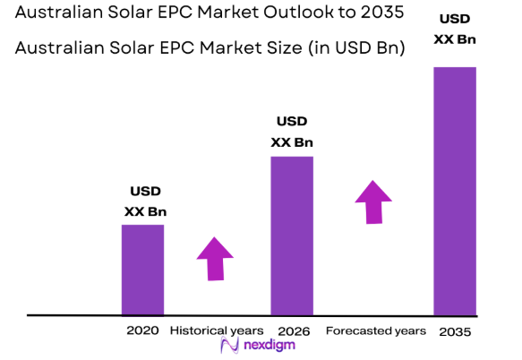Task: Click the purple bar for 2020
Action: pyautogui.click(x=142, y=270)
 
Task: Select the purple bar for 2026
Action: pyautogui.click(x=292, y=236)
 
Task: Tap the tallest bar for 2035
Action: pyautogui.click(x=455, y=191)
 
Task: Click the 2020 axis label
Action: pyautogui.click(x=142, y=330)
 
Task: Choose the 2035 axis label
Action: pyautogui.click(x=455, y=331)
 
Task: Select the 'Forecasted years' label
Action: pyautogui.click(x=375, y=330)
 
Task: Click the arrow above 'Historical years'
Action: pyautogui.click(x=216, y=259)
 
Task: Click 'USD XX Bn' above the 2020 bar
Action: pyautogui.click(x=145, y=201)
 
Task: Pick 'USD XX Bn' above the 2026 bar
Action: pyautogui.click(x=292, y=132)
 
